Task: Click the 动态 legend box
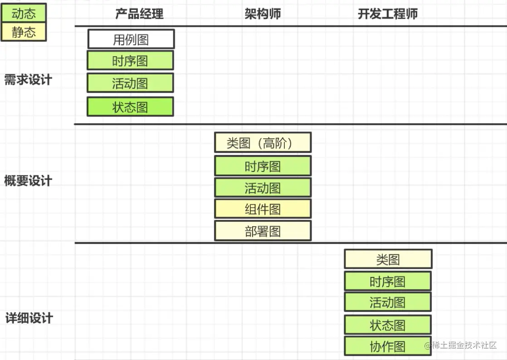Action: click(x=24, y=13)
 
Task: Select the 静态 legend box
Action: click(x=24, y=32)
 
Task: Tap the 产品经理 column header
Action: click(x=139, y=14)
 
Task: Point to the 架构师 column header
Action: click(x=263, y=14)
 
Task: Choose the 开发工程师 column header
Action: click(x=387, y=14)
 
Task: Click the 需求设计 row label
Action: click(x=28, y=80)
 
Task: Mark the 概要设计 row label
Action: click(x=28, y=181)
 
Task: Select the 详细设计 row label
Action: click(x=29, y=318)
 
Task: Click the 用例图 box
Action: click(x=131, y=39)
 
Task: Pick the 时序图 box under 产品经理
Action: click(x=130, y=61)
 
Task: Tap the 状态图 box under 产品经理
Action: click(x=130, y=107)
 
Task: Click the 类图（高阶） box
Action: click(x=263, y=143)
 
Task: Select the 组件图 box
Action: click(x=263, y=209)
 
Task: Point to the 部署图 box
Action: click(x=263, y=231)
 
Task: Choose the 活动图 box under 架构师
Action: click(x=263, y=188)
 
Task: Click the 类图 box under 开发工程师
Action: click(x=388, y=259)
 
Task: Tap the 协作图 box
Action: click(x=387, y=346)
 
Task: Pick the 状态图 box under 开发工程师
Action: click(x=387, y=325)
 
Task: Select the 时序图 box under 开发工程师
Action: click(x=387, y=281)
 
